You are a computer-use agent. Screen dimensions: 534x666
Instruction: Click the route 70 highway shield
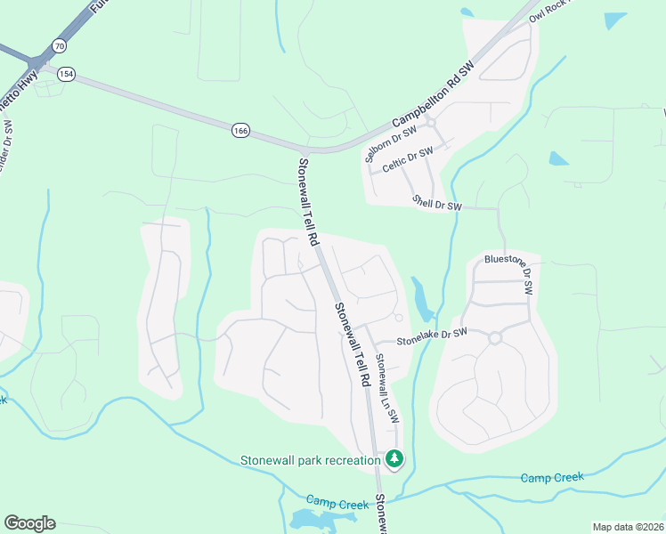click(x=59, y=44)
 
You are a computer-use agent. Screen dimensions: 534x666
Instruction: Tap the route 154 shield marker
click(x=65, y=75)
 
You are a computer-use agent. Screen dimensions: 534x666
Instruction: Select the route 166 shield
click(x=240, y=131)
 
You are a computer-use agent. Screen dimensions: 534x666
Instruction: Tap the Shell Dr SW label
click(x=436, y=204)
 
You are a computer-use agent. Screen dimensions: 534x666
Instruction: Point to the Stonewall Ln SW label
click(x=386, y=387)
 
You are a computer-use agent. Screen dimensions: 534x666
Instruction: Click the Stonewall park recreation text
click(x=311, y=460)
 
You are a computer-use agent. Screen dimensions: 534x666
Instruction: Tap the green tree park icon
click(x=394, y=459)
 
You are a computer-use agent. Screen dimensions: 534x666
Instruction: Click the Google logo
click(x=29, y=523)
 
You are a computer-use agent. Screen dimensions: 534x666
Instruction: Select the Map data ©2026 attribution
click(x=628, y=527)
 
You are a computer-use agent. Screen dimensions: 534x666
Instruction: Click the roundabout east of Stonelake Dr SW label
click(x=495, y=337)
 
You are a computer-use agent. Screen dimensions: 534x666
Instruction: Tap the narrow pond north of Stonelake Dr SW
click(x=420, y=297)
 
